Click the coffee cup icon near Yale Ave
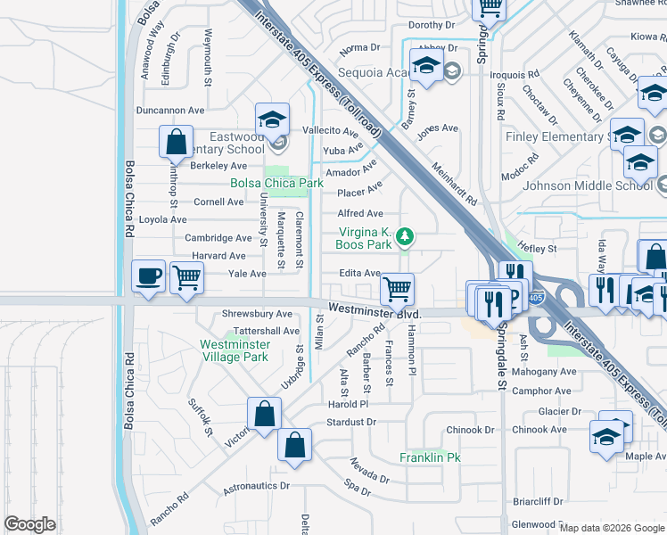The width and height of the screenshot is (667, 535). pyautogui.click(x=147, y=275)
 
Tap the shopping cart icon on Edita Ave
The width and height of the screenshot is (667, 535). pyautogui.click(x=397, y=288)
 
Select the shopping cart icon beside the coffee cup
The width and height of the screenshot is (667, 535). pyautogui.click(x=186, y=276)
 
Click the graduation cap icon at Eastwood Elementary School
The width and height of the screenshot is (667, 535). pyautogui.click(x=272, y=119)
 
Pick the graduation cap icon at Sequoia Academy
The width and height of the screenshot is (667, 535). pyautogui.click(x=426, y=65)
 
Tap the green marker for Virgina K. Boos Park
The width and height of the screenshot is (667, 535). pyautogui.click(x=405, y=236)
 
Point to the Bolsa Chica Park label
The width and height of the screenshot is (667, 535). pyautogui.click(x=276, y=183)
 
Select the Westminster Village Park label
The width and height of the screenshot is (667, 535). pyautogui.click(x=235, y=350)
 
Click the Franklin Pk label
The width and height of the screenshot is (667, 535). pyautogui.click(x=430, y=457)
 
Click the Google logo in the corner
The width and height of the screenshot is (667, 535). pyautogui.click(x=30, y=524)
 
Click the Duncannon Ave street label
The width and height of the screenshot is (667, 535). pyautogui.click(x=170, y=111)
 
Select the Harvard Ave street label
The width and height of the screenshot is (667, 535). pyautogui.click(x=218, y=256)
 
